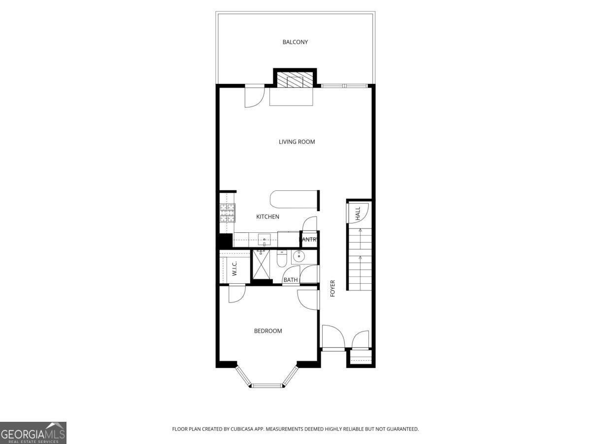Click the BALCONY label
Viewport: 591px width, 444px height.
coord(295,42)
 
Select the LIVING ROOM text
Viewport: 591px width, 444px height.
coord(296,142)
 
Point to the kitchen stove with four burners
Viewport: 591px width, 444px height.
coord(227,213)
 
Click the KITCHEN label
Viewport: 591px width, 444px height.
coord(267,217)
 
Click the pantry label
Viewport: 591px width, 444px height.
coord(309,240)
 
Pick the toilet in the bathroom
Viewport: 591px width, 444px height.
coord(282,259)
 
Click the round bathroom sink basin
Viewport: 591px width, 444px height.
coord(298,257)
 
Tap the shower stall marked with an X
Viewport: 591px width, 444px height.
coord(261,264)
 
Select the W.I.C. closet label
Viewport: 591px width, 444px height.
coord(235,268)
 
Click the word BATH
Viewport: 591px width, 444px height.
coord(291,280)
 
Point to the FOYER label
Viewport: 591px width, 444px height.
coord(332,288)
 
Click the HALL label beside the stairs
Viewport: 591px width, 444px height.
coord(358,213)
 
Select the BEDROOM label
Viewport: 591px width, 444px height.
coord(268,331)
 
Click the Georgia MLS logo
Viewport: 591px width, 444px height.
coord(33,433)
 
